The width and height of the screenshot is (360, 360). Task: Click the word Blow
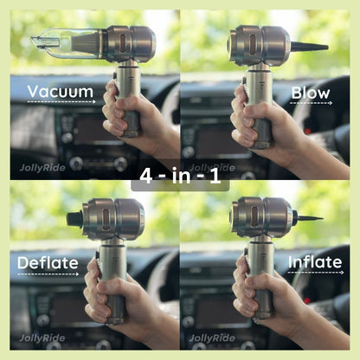311,93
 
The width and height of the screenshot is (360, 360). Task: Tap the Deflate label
47,263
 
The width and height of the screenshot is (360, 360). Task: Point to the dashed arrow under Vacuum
60,102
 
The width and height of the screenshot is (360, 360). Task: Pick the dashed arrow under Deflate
47,274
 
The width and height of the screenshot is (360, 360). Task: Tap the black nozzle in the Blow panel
307,46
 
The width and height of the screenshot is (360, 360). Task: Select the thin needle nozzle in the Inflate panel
308,217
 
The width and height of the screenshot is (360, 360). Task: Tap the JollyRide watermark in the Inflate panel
212,337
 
